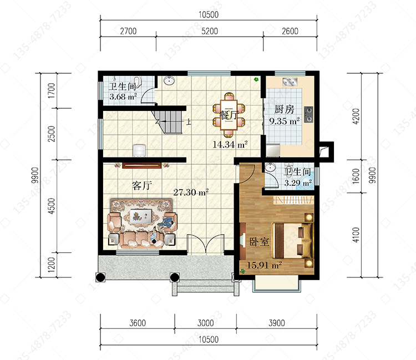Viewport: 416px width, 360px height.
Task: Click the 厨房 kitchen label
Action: [x=284, y=109]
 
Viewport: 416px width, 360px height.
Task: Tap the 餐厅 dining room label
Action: [x=230, y=115]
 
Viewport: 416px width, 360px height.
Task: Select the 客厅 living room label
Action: [x=142, y=185]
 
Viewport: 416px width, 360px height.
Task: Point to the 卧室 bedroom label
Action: [x=259, y=242]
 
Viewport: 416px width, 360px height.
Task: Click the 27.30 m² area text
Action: [x=191, y=192]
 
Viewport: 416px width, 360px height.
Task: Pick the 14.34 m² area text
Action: [x=230, y=145]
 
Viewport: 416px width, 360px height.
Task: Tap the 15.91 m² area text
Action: [x=265, y=265]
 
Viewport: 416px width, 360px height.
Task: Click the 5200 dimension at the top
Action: [x=210, y=31]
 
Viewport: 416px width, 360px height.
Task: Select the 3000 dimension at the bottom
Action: [x=206, y=323]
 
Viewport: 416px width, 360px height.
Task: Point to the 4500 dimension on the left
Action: [x=52, y=206]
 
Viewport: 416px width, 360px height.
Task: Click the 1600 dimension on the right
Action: [x=356, y=176]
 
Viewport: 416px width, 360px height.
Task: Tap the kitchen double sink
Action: [x=290, y=82]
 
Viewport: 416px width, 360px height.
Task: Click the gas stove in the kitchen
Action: [x=308, y=114]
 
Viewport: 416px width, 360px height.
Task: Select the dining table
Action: [x=229, y=115]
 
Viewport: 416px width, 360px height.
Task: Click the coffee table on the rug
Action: [x=141, y=215]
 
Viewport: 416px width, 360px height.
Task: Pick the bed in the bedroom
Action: [x=293, y=240]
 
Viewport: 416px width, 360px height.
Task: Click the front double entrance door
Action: [x=206, y=244]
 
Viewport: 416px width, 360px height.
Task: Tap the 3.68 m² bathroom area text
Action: [x=123, y=97]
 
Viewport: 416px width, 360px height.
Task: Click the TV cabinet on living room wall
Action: [x=141, y=165]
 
